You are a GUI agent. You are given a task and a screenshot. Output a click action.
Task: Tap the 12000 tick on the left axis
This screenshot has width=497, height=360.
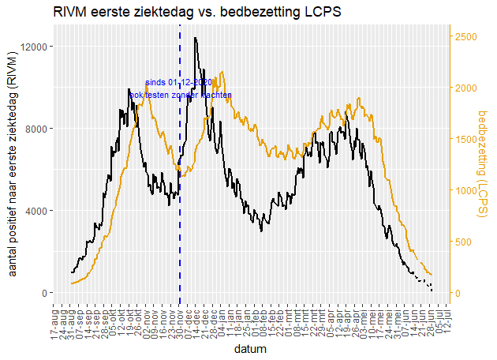click(x=37, y=47)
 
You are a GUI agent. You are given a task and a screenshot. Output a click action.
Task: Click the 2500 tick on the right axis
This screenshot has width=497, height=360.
click(x=465, y=36)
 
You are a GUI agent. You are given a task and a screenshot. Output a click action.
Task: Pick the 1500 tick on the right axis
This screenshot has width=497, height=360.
click(x=465, y=139)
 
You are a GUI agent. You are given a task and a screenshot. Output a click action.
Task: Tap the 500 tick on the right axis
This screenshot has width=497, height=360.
click(x=463, y=242)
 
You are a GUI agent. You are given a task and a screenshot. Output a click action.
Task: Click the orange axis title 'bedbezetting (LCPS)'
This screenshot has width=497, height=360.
click(x=484, y=163)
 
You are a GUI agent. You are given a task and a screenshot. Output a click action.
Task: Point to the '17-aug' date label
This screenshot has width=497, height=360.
click(x=54, y=324)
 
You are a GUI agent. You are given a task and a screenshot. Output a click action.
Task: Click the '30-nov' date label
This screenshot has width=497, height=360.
click(x=180, y=324)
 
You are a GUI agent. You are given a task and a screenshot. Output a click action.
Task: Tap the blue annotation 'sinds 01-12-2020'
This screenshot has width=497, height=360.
click(x=179, y=82)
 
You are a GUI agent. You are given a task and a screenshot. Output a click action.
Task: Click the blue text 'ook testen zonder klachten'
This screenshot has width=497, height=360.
click(x=181, y=95)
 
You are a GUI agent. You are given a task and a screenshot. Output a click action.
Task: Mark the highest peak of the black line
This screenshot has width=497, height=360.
click(x=195, y=38)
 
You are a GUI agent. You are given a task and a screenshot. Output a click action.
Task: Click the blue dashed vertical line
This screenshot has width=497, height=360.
click(x=180, y=197)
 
